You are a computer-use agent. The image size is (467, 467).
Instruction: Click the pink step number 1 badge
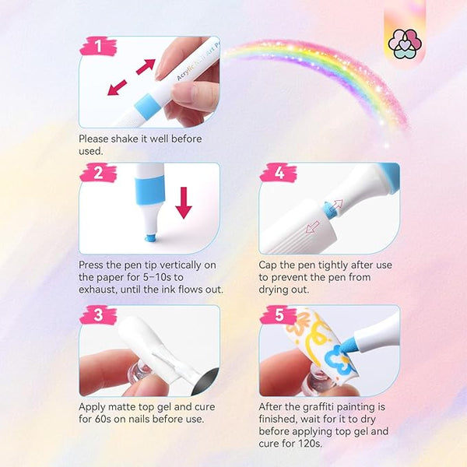(x=99, y=46)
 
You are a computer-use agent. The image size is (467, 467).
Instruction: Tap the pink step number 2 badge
(x=99, y=173)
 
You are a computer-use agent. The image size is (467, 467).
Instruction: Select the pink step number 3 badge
(x=99, y=314)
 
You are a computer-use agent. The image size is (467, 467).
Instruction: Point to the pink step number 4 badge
(x=279, y=173)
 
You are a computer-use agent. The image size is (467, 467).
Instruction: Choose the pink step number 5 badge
(x=279, y=314)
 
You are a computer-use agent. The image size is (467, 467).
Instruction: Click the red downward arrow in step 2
(x=184, y=203)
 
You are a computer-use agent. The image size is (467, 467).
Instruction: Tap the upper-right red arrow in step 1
(x=146, y=66)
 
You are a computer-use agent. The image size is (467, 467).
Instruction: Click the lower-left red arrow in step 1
(x=117, y=87)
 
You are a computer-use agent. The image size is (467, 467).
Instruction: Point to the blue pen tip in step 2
(x=149, y=237)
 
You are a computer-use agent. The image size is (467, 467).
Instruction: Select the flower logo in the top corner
(x=405, y=44)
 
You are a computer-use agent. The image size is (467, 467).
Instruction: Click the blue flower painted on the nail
(x=336, y=359)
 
